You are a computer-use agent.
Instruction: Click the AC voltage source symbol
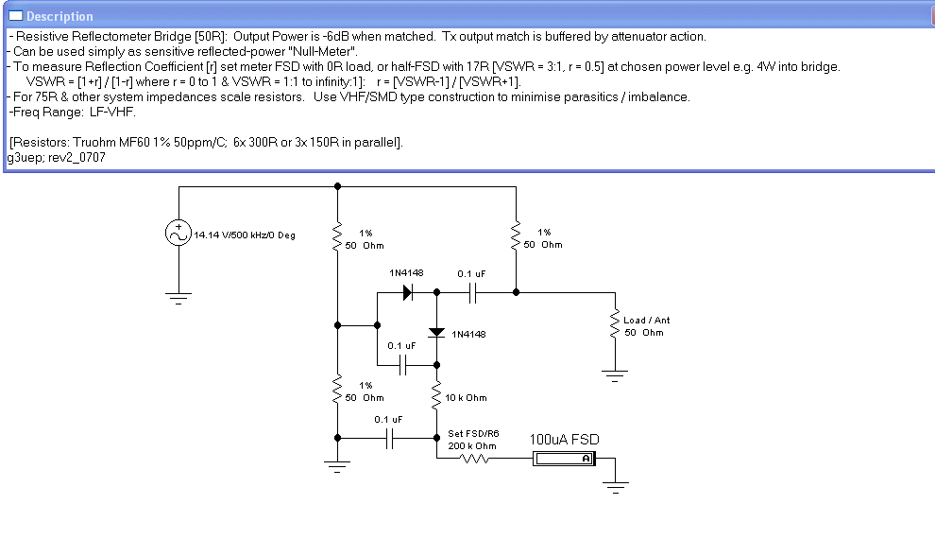(178, 233)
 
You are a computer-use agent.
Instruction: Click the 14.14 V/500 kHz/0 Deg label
(245, 235)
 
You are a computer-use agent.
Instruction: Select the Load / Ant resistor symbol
(615, 324)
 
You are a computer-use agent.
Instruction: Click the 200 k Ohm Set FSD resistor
(475, 459)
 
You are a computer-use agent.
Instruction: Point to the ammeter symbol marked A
(564, 459)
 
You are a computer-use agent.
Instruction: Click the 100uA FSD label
(564, 440)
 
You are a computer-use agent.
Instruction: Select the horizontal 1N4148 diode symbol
(408, 292)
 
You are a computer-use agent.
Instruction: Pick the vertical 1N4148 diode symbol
(436, 332)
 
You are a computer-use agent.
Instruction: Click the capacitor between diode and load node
(472, 292)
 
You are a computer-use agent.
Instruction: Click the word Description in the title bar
(59, 16)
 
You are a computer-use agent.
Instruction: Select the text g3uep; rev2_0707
(57, 158)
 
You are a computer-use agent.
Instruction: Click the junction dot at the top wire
(337, 186)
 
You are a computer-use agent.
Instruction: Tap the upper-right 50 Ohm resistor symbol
(516, 236)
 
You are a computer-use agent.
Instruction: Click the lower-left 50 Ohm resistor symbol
(337, 390)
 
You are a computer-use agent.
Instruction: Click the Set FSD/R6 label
(473, 433)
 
